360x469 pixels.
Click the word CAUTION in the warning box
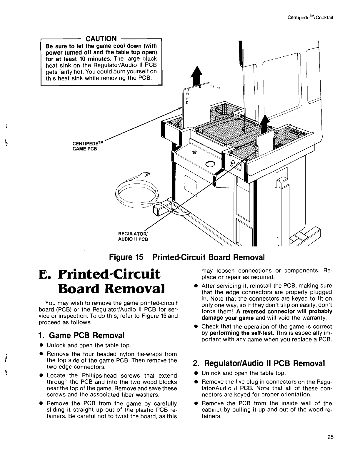point(101,39)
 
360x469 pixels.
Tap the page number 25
point(330,437)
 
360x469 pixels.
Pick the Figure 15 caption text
point(187,257)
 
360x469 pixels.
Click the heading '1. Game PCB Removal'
point(81,335)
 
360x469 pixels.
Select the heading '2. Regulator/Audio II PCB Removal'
point(259,364)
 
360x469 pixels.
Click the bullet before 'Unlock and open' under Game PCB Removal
point(42,345)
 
